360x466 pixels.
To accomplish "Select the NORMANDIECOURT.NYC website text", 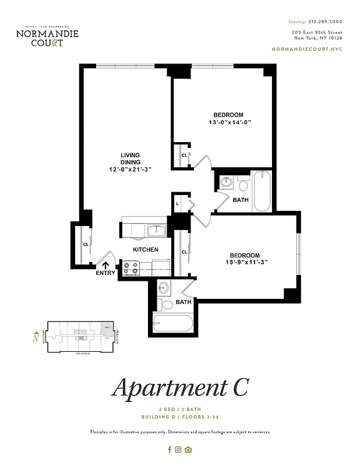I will coord(308,50).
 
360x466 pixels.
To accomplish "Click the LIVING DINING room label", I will coord(130,158).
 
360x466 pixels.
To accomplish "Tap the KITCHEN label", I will coord(146,249).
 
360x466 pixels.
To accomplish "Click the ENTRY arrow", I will coord(106,266).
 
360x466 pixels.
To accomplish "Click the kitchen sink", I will coord(156,231).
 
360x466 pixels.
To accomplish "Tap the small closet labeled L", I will coord(178,204).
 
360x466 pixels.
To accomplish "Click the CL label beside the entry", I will coord(86,244).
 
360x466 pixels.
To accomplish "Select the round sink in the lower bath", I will coord(164,288).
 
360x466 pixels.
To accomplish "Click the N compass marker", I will coord(36,336).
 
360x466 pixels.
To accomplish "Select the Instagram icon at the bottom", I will coord(179,449).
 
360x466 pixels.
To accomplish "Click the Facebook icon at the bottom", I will coord(170,449).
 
